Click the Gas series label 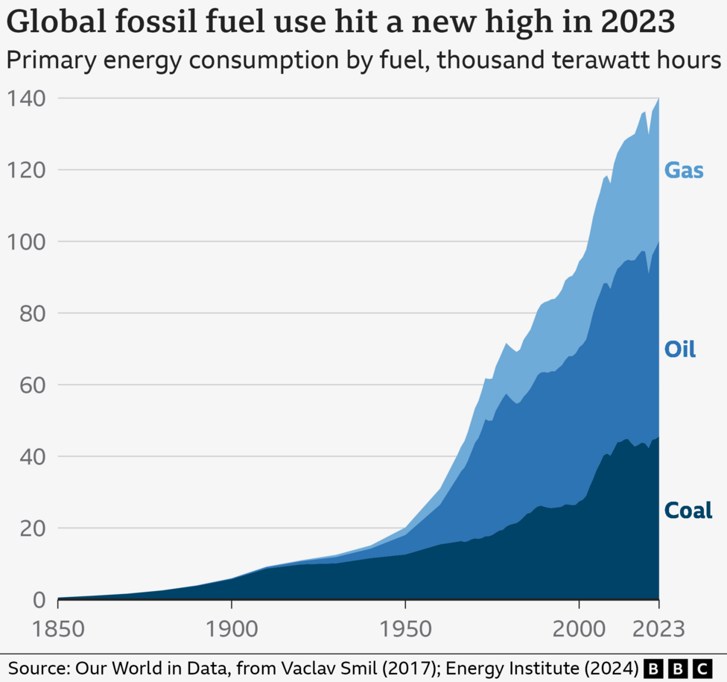point(684,171)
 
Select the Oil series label point(680,349)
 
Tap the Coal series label point(688,511)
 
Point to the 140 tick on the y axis point(26,98)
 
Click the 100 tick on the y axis point(26,241)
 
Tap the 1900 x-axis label point(232,628)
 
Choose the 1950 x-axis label point(405,628)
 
